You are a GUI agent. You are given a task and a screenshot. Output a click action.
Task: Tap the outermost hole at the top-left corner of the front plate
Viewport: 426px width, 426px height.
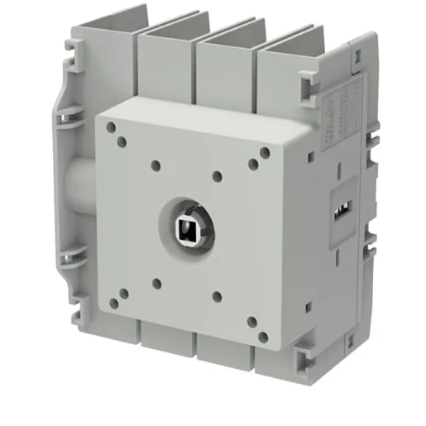(110, 127)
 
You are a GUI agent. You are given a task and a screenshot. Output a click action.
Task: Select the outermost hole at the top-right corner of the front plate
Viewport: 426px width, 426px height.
(265, 152)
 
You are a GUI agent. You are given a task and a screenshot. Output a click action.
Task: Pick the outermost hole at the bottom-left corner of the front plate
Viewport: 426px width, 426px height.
(111, 302)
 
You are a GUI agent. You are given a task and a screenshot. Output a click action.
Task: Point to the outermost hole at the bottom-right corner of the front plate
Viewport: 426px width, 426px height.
(263, 336)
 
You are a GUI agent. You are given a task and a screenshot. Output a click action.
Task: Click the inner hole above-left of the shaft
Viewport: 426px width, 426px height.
(156, 165)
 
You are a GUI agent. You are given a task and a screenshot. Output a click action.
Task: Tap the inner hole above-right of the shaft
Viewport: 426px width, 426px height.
(216, 175)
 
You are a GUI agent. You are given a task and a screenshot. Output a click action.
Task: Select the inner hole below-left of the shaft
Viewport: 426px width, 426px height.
(156, 284)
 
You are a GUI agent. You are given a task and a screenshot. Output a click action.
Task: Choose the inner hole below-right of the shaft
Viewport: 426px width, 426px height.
(216, 295)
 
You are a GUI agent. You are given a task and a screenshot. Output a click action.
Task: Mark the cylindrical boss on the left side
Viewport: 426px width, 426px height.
(76, 194)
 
